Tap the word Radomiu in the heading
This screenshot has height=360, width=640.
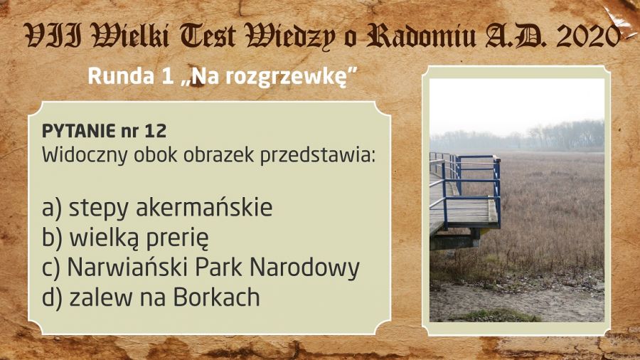click(x=421, y=35)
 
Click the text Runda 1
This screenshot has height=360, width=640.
click(x=131, y=76)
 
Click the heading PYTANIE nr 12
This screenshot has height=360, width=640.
click(x=104, y=132)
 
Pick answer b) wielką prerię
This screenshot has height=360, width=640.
click(x=125, y=238)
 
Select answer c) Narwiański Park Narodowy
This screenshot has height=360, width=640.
click(x=201, y=268)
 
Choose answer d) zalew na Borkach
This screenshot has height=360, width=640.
click(x=151, y=297)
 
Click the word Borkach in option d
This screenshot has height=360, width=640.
click(x=216, y=297)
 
